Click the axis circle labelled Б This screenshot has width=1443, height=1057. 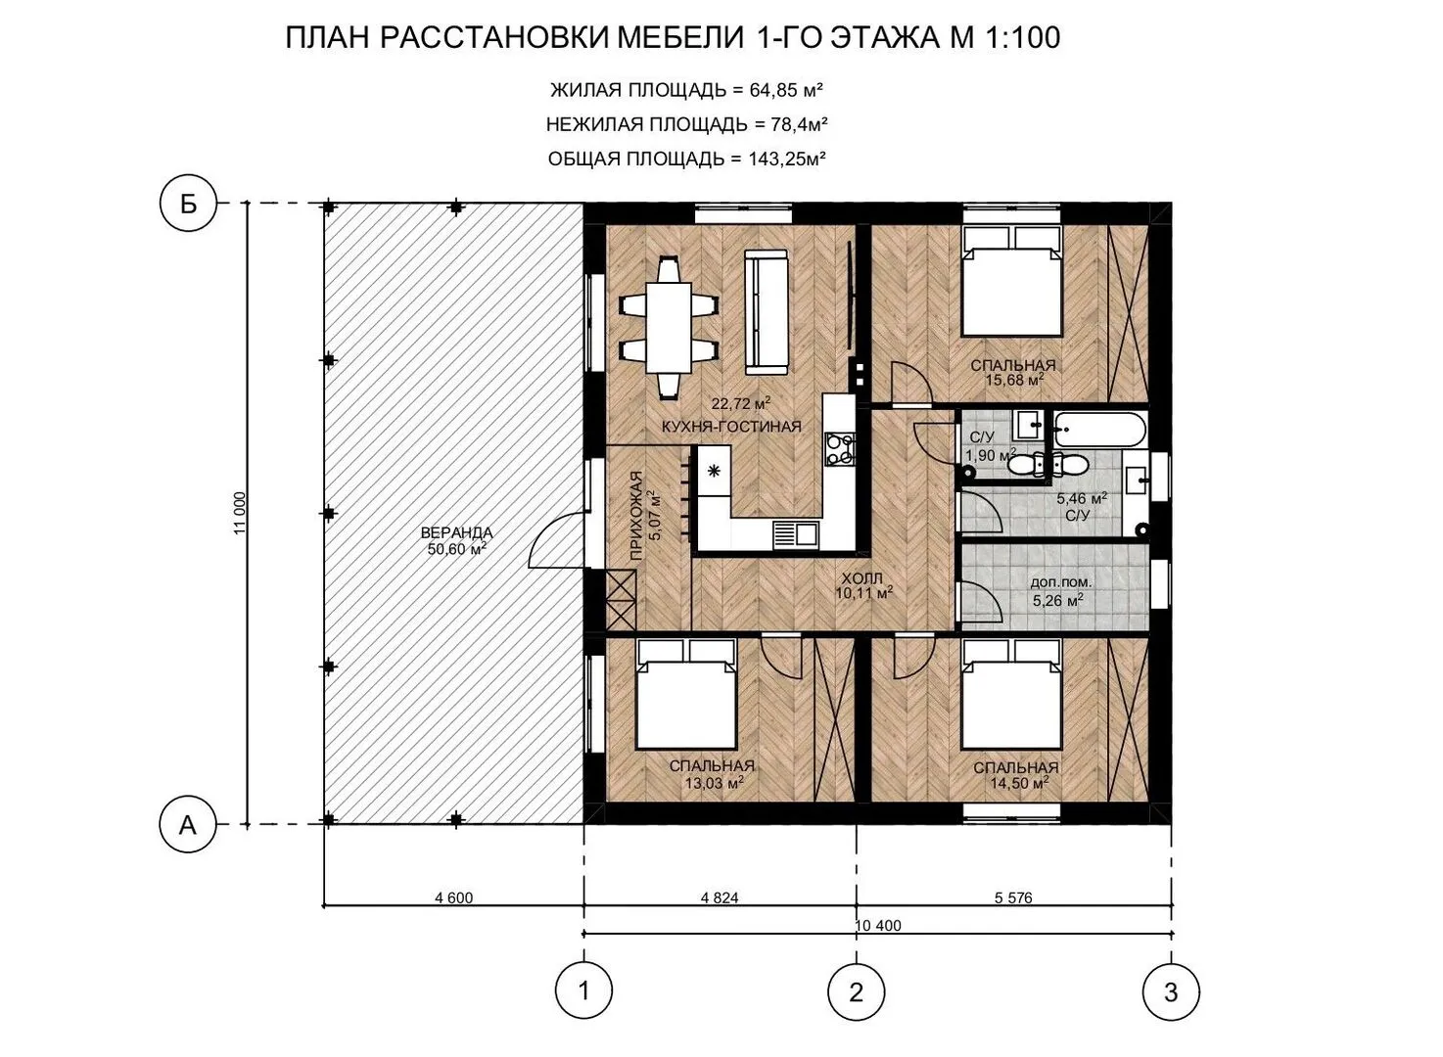(x=188, y=205)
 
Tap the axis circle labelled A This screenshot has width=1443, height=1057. (x=188, y=824)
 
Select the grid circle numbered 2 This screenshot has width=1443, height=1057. (x=857, y=992)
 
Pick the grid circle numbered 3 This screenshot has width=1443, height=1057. (x=1171, y=992)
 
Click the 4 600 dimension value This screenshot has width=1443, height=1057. (x=454, y=897)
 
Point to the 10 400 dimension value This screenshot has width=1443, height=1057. (x=878, y=926)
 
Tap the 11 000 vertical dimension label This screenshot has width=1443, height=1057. (x=240, y=514)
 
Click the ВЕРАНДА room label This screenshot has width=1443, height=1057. (x=457, y=532)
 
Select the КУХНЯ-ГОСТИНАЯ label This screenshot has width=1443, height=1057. (x=732, y=427)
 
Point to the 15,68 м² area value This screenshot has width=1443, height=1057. (x=1014, y=380)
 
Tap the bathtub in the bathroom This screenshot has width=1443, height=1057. (x=1100, y=430)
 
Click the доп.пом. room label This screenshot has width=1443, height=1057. (x=1061, y=582)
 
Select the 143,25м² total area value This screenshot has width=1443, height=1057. (x=787, y=158)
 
